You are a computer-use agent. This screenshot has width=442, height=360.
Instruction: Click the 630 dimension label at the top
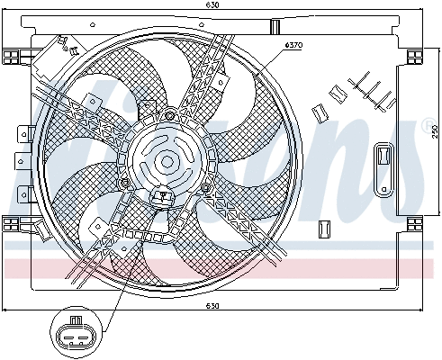pyautogui.click(x=212, y=5)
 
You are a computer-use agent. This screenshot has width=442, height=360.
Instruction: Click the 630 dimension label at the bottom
pyautogui.click(x=212, y=306)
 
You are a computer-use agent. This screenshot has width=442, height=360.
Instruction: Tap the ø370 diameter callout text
pyautogui.click(x=293, y=44)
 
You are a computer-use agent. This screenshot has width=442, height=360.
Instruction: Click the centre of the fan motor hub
pyautogui.click(x=167, y=163)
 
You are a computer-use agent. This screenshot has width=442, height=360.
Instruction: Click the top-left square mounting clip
pyautogui.click(x=11, y=55)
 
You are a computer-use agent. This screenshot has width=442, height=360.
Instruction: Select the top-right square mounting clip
pyautogui.click(x=415, y=55)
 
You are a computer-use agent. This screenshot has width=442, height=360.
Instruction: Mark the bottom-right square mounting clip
pyautogui.click(x=415, y=222)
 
